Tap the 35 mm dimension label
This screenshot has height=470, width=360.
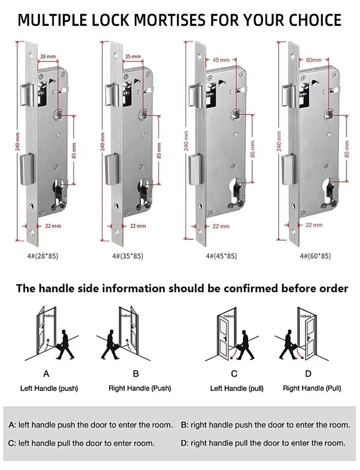point(132,56)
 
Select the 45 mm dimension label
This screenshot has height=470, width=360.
point(221,60)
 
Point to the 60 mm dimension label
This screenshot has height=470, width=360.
point(314,60)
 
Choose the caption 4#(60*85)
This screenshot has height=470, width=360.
point(315,256)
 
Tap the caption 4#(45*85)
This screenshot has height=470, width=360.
point(221,256)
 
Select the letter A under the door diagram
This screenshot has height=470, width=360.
point(46,374)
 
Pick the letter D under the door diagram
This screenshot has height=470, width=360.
point(308,374)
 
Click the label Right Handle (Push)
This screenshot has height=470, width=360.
point(140,388)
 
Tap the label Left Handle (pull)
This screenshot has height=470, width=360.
point(230,388)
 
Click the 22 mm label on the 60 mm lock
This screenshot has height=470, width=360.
point(314,225)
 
